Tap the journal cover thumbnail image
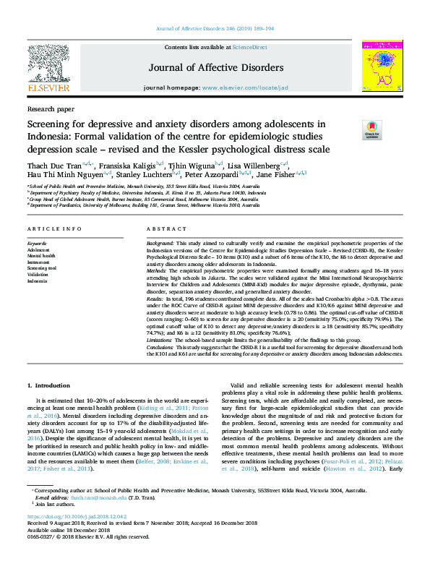click(x=382, y=65)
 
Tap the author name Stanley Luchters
click(x=144, y=175)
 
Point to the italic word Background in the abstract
click(x=161, y=244)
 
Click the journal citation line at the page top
click(x=215, y=29)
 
